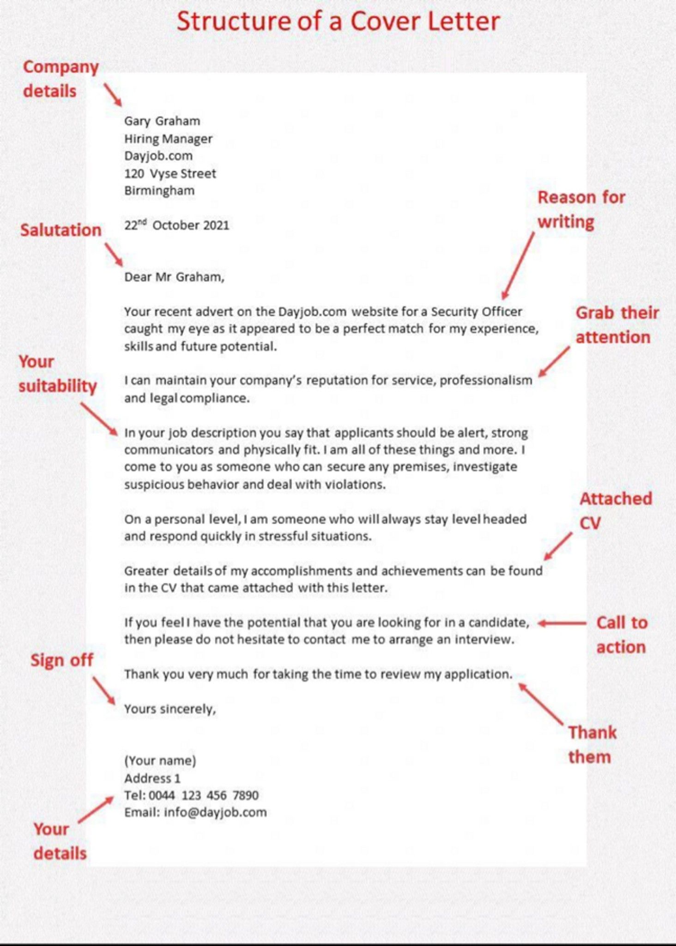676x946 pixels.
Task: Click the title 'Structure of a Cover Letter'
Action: pyautogui.click(x=338, y=22)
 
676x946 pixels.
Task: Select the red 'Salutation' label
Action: pyautogui.click(x=60, y=230)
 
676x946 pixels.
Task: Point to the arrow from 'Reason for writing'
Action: pyautogui.click(x=518, y=266)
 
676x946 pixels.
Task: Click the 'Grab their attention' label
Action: pyautogui.click(x=616, y=325)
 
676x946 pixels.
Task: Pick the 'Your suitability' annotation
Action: pyautogui.click(x=57, y=374)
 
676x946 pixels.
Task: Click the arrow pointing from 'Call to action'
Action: pyautogui.click(x=562, y=623)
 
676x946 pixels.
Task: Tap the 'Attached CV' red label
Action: pyautogui.click(x=616, y=510)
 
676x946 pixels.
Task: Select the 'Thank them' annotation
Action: pyautogui.click(x=592, y=745)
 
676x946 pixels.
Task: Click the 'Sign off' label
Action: pyautogui.click(x=62, y=660)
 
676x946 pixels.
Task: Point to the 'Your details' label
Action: pyautogui.click(x=60, y=841)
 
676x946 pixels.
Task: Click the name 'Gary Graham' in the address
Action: pyautogui.click(x=162, y=121)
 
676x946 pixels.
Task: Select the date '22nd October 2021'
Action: pyautogui.click(x=176, y=225)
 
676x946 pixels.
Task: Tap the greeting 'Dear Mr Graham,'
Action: pyautogui.click(x=174, y=277)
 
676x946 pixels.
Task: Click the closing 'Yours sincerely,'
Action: pyautogui.click(x=170, y=709)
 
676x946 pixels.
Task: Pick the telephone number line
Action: pyautogui.click(x=191, y=795)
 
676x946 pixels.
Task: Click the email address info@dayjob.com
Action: pyautogui.click(x=215, y=812)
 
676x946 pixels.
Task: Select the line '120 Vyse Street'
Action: pyautogui.click(x=170, y=174)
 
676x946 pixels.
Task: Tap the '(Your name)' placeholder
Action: pyautogui.click(x=160, y=760)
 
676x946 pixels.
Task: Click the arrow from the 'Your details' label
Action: pyautogui.click(x=96, y=809)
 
